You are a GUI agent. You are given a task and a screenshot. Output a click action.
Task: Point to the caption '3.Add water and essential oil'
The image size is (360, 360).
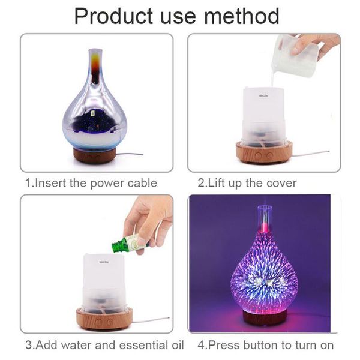pos(104,346)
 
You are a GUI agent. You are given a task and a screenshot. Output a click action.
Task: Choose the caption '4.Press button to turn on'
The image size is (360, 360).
pos(266,346)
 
